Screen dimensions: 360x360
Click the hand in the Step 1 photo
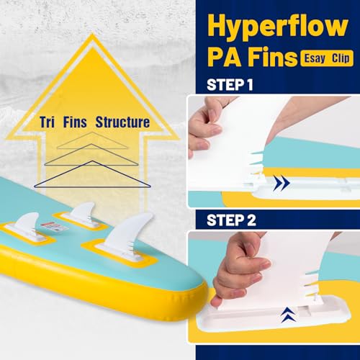click(x=205, y=122)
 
